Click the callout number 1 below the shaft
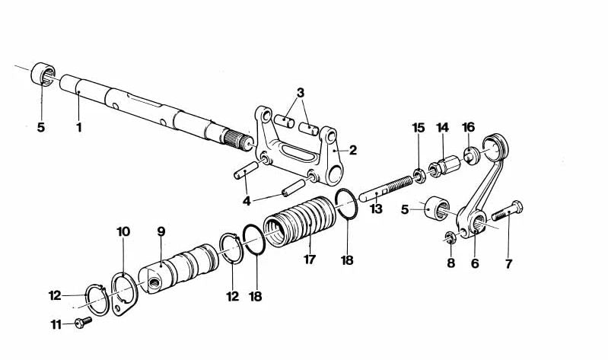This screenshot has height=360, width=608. [78, 127]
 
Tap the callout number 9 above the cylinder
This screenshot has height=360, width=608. [161, 231]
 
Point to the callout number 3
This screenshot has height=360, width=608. [301, 92]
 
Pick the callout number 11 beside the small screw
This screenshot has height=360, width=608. [56, 324]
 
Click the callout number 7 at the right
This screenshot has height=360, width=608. [508, 264]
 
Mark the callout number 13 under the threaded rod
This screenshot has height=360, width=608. [375, 209]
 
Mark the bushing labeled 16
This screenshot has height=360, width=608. [469, 155]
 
